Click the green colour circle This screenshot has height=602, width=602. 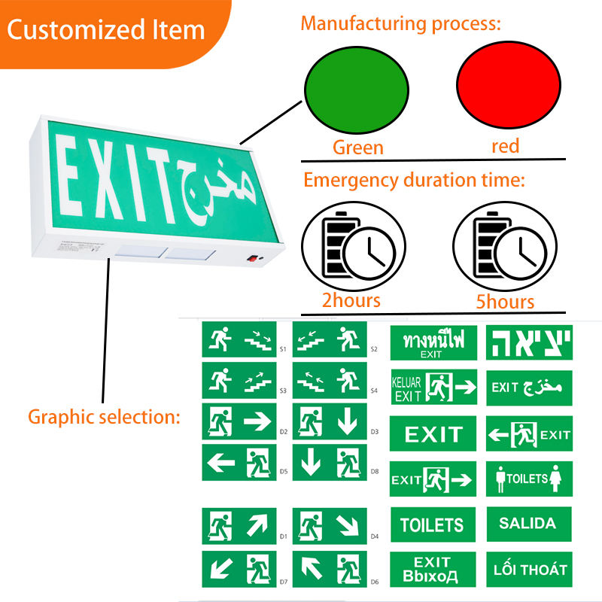coord(357,87)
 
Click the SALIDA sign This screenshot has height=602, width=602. coord(528,524)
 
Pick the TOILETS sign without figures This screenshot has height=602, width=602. coord(433,524)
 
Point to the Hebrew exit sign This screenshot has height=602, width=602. coord(528,342)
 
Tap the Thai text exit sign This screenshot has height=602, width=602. coord(433,342)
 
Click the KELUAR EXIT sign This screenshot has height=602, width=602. coord(433,387)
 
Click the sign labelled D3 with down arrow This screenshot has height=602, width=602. coord(330,422)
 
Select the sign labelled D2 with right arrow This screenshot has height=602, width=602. coord(239,422)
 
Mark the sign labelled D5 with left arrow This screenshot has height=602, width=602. coord(239,462)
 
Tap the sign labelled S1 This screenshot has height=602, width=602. coord(239,339)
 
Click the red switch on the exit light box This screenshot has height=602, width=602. coord(251,260)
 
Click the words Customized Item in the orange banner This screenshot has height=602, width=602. coord(106,30)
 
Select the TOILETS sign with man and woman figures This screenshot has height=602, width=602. coord(528,479)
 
